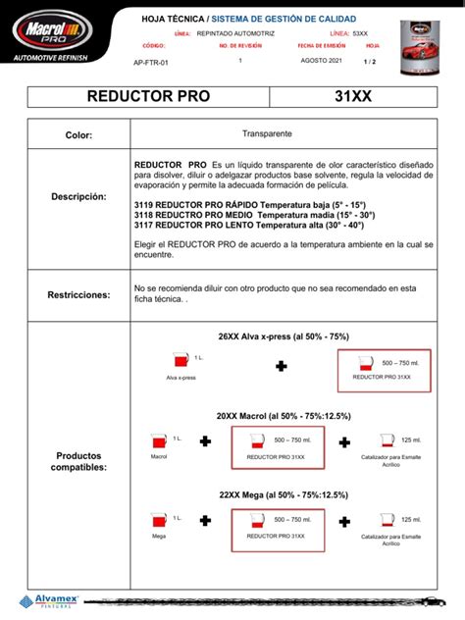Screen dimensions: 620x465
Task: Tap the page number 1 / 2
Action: [371, 61]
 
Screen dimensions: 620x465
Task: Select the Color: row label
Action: [78, 134]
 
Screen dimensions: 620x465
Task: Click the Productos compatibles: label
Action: [78, 461]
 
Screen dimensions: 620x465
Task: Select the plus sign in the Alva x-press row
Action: [282, 366]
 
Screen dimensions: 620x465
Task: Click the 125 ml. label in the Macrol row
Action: [410, 440]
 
